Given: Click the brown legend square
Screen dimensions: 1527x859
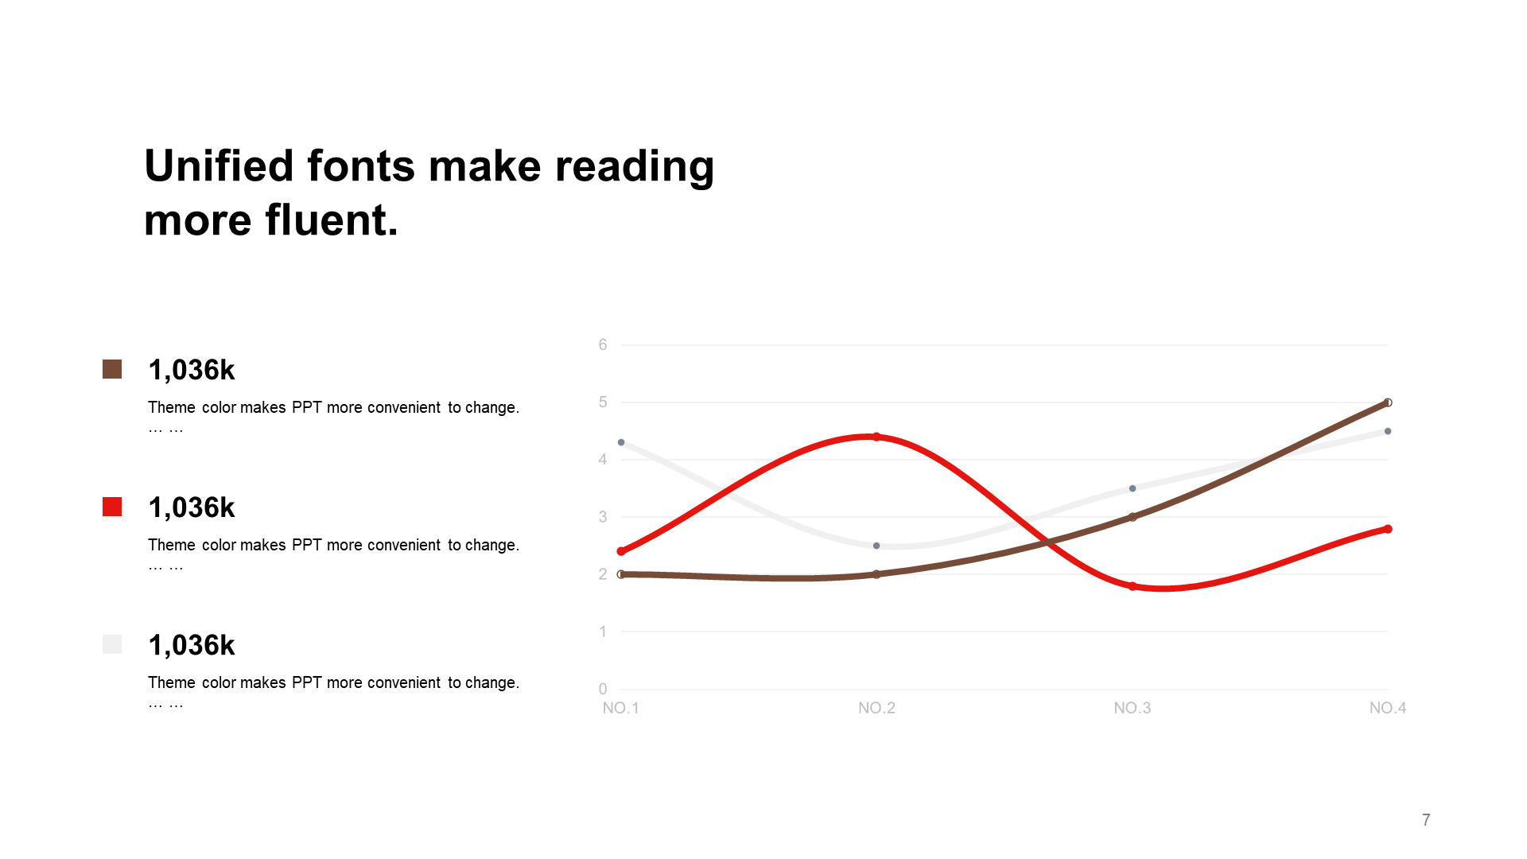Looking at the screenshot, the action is click(x=112, y=369).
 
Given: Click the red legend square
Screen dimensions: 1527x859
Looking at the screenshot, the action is click(x=112, y=507).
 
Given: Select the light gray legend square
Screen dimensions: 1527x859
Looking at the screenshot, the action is click(x=112, y=644).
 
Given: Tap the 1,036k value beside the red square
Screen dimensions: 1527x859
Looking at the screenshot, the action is click(x=192, y=507).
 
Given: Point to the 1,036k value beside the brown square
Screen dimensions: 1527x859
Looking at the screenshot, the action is click(x=192, y=370).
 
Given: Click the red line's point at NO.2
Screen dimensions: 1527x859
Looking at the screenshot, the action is click(x=876, y=437).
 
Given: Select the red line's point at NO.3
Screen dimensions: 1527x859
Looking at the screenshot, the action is click(x=1133, y=586).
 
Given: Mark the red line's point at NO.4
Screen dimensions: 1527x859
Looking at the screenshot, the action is click(x=1388, y=529).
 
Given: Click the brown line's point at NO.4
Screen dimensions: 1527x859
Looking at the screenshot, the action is click(x=1388, y=402).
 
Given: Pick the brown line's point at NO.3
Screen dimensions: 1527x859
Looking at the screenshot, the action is click(x=1133, y=517).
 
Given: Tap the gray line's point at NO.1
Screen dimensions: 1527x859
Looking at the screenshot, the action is click(x=621, y=442).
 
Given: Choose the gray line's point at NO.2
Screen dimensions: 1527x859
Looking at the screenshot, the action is click(x=876, y=546).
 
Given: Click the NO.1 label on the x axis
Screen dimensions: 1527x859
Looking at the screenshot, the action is click(x=620, y=708).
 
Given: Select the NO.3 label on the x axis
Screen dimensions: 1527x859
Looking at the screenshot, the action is click(x=1132, y=708).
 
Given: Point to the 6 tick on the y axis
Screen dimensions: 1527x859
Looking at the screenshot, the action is click(x=603, y=344).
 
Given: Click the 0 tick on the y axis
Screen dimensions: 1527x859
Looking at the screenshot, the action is click(x=603, y=689).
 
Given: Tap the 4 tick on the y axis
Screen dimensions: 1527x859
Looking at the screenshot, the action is click(x=603, y=459).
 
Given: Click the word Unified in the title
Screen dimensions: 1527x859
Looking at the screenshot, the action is click(x=219, y=166).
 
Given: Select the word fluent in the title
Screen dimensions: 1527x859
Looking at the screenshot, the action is click(x=332, y=220).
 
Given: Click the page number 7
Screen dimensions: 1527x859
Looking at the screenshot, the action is click(x=1426, y=819).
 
